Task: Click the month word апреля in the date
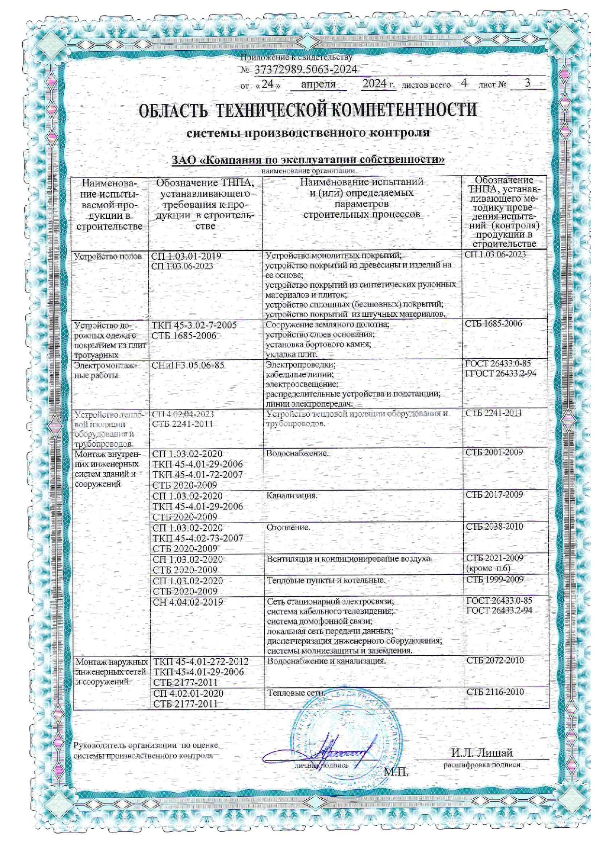[318, 84]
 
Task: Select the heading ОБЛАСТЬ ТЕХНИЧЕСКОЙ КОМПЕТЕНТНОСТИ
[308, 110]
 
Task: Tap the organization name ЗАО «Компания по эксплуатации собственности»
[308, 159]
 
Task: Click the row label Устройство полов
[108, 256]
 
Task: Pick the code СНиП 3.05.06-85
[188, 366]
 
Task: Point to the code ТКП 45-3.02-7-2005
[194, 325]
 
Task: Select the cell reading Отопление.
[288, 527]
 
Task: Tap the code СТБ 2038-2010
[494, 526]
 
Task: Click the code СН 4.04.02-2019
[188, 602]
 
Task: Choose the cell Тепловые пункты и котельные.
[326, 580]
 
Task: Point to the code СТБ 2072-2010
[495, 660]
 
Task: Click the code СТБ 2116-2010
[495, 692]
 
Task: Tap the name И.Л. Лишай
[482, 753]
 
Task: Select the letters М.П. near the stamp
[396, 772]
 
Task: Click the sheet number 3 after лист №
[528, 83]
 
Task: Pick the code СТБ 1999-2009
[494, 579]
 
